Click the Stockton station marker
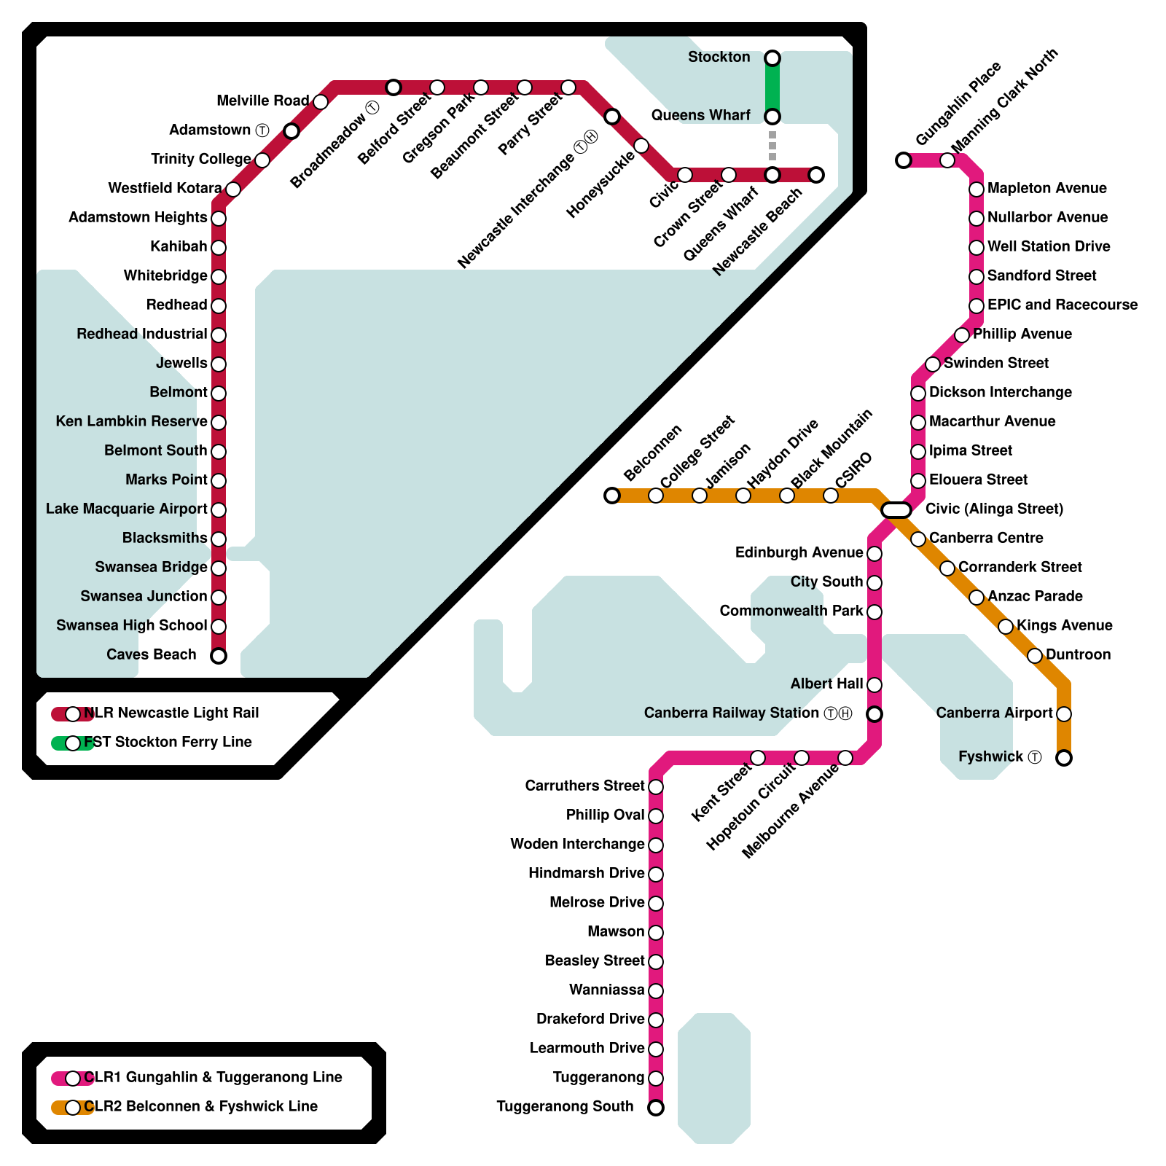pyautogui.click(x=772, y=58)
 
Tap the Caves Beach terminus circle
pyautogui.click(x=219, y=656)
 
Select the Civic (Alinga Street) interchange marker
pyautogui.click(x=896, y=510)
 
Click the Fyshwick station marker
pyautogui.click(x=1064, y=758)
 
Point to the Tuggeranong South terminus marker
pyautogui.click(x=656, y=1108)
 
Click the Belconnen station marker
pyautogui.click(x=612, y=496)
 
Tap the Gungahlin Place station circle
pyautogui.click(x=904, y=160)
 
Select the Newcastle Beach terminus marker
pyautogui.click(x=816, y=175)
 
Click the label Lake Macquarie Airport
pyautogui.click(x=127, y=509)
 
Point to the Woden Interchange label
pyautogui.click(x=577, y=844)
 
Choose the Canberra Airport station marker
pyautogui.click(x=1064, y=714)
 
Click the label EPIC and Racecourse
pyautogui.click(x=1062, y=305)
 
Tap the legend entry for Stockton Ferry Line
pyautogui.click(x=168, y=743)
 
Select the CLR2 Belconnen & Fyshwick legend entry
pyautogui.click(x=200, y=1107)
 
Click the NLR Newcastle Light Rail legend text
pyautogui.click(x=171, y=713)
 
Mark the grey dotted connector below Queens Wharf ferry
pyautogui.click(x=772, y=146)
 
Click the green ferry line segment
pyautogui.click(x=772, y=87)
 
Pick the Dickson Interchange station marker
pyautogui.click(x=918, y=394)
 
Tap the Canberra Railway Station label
pyautogui.click(x=732, y=713)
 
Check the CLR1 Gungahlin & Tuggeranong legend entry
pyautogui.click(x=213, y=1078)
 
